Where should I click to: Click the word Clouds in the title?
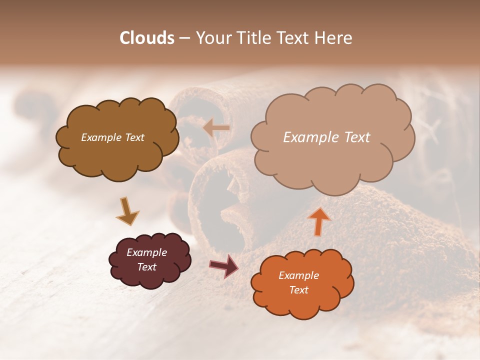pyautogui.click(x=147, y=38)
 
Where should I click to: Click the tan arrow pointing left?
pyautogui.click(x=216, y=128)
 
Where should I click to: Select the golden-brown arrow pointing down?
pyautogui.click(x=127, y=211)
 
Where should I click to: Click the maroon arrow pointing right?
pyautogui.click(x=224, y=265)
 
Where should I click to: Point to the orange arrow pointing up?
pyautogui.click(x=318, y=220)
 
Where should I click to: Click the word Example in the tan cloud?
pyautogui.click(x=308, y=137)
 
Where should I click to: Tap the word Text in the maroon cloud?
pyautogui.click(x=147, y=267)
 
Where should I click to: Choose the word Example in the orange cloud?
pyautogui.click(x=298, y=275)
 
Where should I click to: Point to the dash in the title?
pyautogui.click(x=184, y=38)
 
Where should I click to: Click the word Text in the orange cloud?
pyautogui.click(x=298, y=290)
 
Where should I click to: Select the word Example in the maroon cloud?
pyautogui.click(x=146, y=252)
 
